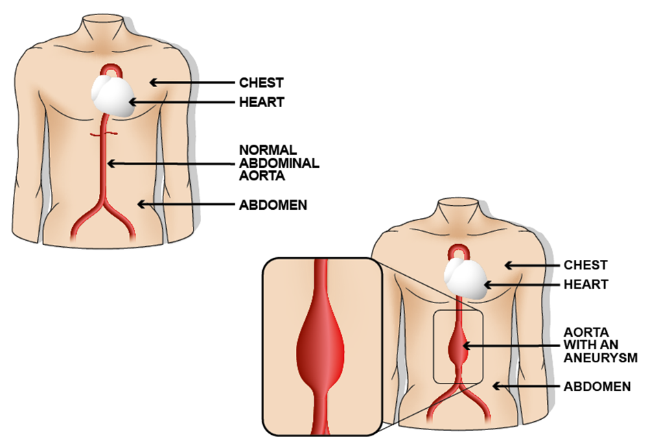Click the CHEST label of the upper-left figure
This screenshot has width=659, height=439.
click(261, 83)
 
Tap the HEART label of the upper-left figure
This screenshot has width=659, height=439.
click(261, 102)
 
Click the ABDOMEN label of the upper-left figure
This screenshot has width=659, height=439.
click(273, 204)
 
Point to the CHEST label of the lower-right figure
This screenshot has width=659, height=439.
click(586, 265)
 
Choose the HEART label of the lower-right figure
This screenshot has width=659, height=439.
click(586, 284)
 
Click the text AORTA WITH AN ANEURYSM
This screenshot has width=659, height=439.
click(601, 344)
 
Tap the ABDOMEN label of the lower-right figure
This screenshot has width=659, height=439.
click(597, 387)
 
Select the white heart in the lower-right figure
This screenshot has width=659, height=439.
click(465, 276)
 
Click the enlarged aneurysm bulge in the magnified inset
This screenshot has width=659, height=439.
click(321, 346)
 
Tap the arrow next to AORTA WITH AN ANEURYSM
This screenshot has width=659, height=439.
click(511, 344)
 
